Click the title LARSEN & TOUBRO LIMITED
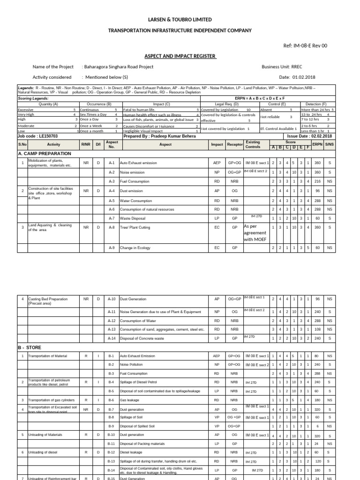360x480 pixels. click(x=180, y=20)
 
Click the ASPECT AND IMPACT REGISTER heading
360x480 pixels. click(x=180, y=56)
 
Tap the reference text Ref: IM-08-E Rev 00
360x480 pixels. click(x=306, y=45)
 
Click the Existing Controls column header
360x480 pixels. click(x=253, y=144)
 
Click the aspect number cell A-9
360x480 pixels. click(x=112, y=247)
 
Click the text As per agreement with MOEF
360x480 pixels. click(x=255, y=232)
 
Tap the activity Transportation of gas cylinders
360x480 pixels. click(x=52, y=400)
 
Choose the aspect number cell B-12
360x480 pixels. click(x=112, y=452)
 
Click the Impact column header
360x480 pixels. click(x=217, y=144)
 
